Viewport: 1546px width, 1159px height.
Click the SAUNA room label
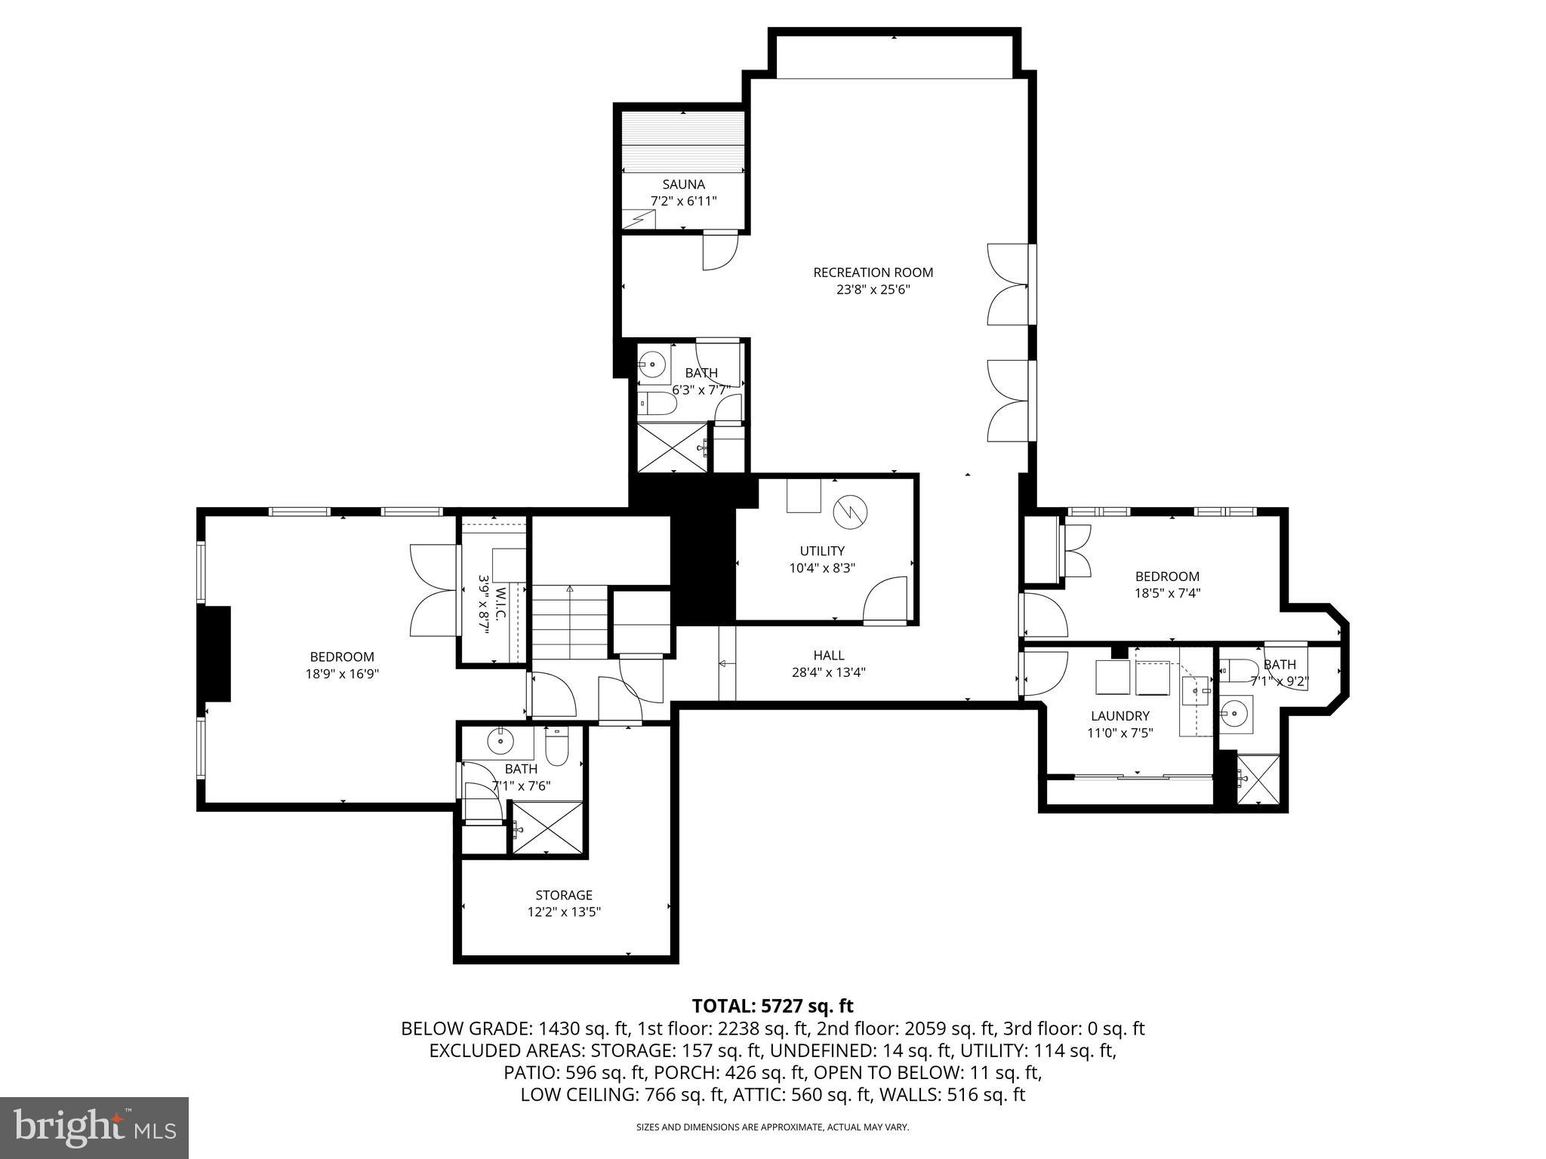point(683,184)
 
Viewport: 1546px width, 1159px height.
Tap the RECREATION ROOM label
point(873,272)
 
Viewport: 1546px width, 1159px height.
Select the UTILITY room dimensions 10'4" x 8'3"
point(822,567)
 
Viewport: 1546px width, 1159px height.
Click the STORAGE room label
point(563,895)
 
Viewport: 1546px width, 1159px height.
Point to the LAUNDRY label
point(1119,716)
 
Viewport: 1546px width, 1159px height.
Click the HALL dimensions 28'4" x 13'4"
point(828,672)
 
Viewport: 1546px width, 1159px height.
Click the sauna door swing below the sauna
point(720,252)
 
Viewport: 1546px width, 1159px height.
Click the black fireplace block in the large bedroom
point(214,654)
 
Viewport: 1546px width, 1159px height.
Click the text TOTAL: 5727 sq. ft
point(772,1006)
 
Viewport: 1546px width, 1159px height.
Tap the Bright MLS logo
point(94,1127)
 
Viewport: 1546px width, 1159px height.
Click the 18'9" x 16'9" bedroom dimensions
point(341,673)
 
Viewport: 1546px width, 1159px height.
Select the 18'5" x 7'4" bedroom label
point(1167,576)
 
